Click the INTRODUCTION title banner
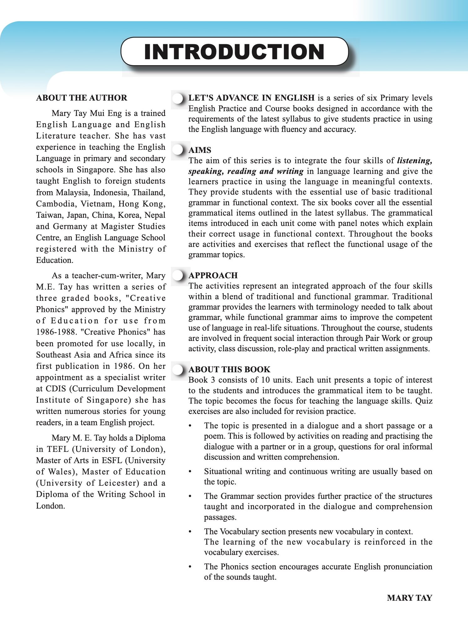click(x=234, y=52)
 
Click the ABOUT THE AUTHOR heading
click(x=82, y=98)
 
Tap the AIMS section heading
click(x=200, y=150)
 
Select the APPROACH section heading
click(x=213, y=275)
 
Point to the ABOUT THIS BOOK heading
click(x=229, y=369)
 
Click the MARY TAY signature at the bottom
click(x=409, y=598)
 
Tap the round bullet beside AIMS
click(x=178, y=150)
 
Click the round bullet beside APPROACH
click(x=178, y=275)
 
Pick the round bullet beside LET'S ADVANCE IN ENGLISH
click(x=178, y=98)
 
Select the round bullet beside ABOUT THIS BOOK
click(x=178, y=370)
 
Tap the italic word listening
click(x=414, y=161)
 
